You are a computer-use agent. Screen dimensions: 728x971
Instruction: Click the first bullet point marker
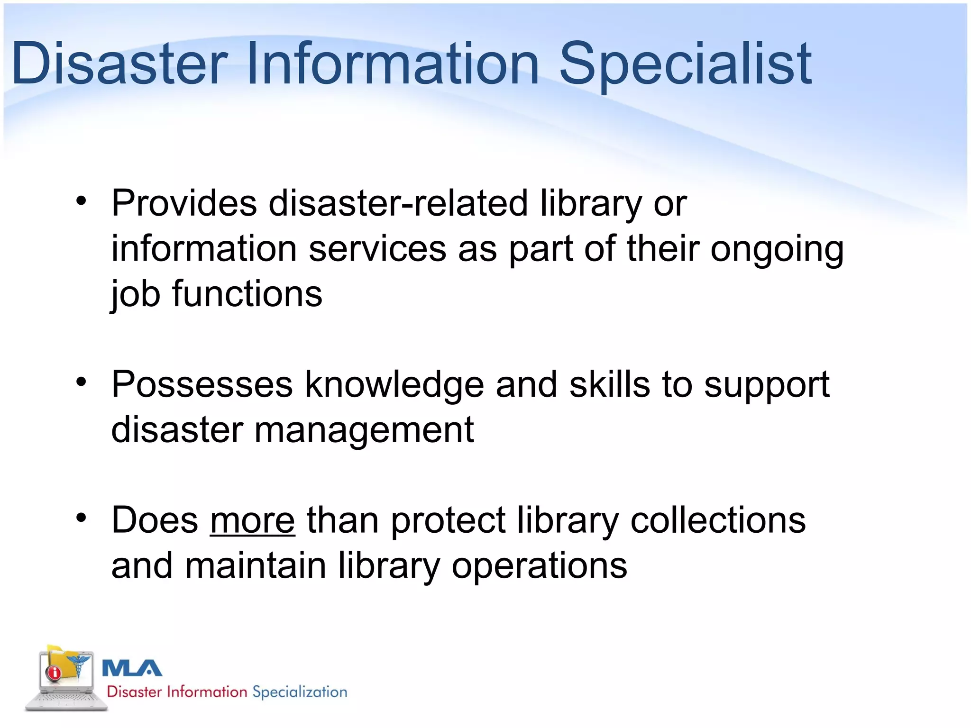(x=82, y=201)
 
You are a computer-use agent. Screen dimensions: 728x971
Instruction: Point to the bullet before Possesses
(x=82, y=382)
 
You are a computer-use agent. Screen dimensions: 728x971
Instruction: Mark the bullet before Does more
(x=82, y=518)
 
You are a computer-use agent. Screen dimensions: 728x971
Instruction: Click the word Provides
(x=184, y=204)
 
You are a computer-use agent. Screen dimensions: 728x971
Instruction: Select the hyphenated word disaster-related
(x=398, y=204)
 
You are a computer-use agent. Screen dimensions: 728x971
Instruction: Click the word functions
(x=247, y=294)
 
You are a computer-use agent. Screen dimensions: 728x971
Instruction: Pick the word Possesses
(x=202, y=385)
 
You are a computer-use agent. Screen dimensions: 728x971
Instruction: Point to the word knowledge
(x=394, y=385)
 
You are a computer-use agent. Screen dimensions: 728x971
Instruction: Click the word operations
(x=539, y=566)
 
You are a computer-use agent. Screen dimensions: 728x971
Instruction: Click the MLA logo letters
(x=132, y=668)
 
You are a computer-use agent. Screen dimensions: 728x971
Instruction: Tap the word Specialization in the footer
(x=300, y=692)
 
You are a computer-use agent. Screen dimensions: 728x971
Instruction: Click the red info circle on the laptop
(x=54, y=673)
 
